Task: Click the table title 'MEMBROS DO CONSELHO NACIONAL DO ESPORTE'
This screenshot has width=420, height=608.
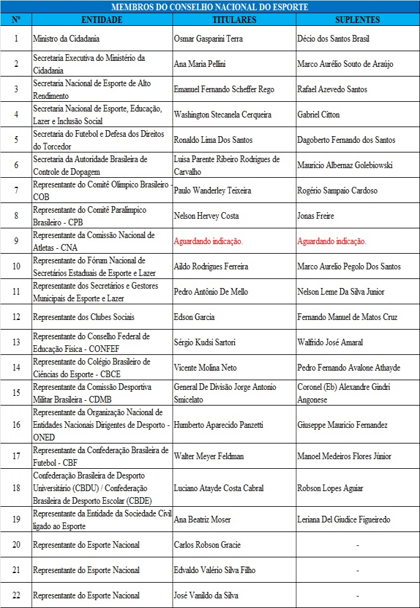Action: [x=209, y=7]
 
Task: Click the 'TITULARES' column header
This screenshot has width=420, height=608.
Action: [x=234, y=20]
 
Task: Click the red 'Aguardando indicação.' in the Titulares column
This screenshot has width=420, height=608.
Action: [x=208, y=241]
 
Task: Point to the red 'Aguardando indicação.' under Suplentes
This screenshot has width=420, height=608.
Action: [x=332, y=241]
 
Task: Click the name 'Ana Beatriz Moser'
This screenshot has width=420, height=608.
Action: [x=202, y=519]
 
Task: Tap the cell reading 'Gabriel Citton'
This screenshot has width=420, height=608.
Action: [x=319, y=114]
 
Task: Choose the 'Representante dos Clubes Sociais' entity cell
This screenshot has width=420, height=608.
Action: [x=84, y=317]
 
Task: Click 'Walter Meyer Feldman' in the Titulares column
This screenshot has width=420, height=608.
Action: [x=209, y=456]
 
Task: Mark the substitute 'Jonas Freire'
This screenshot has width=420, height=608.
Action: [x=316, y=216]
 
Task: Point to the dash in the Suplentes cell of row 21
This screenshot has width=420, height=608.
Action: [x=357, y=570]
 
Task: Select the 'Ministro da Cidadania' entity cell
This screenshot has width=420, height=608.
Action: [x=66, y=39]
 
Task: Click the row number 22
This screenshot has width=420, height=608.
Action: [x=16, y=595]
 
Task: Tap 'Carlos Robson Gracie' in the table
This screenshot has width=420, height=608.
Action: [x=207, y=545]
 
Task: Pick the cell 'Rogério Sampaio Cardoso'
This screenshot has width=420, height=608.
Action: [x=337, y=190]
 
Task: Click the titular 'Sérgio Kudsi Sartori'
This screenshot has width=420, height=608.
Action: [x=205, y=342]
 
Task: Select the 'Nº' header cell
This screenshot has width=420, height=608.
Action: [x=16, y=20]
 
